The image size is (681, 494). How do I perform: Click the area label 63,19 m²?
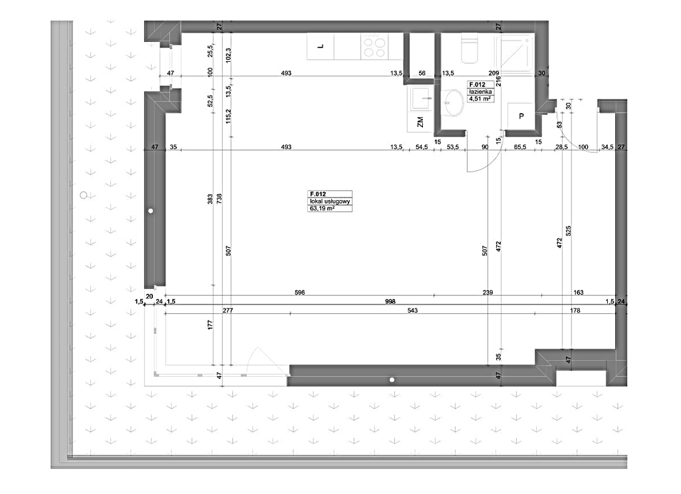tap(322, 208)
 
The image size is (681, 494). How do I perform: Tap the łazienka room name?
tap(480, 92)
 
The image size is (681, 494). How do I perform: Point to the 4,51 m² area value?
tap(479, 98)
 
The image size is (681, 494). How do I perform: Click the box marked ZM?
tap(420, 122)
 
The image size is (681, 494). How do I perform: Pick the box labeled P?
tap(521, 116)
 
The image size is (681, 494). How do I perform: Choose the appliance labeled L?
tap(321, 47)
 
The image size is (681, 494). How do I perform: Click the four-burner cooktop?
tap(374, 47)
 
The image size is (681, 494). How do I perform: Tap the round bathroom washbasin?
tap(452, 103)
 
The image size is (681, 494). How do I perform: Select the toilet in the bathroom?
tap(469, 49)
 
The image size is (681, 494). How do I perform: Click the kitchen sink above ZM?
tap(420, 98)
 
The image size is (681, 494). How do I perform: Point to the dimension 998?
tap(390, 301)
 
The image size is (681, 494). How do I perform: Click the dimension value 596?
tap(300, 292)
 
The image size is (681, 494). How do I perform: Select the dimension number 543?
tap(412, 310)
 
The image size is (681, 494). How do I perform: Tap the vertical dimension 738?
tap(219, 199)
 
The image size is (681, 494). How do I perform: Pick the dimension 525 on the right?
tap(569, 231)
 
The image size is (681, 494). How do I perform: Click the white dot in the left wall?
tap(151, 211)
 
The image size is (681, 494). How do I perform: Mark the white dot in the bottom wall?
tap(392, 380)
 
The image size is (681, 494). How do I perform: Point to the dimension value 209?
tap(494, 73)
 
